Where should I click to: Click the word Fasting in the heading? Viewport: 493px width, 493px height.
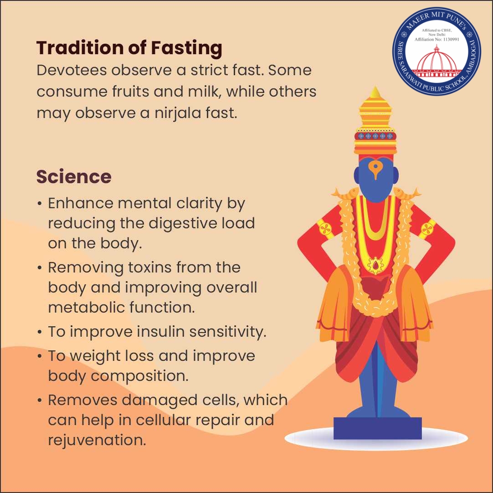point(186,48)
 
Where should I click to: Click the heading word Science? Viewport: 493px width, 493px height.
point(74,177)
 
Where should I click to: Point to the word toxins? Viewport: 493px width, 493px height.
point(149,267)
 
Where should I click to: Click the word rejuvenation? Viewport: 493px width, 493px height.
point(97,441)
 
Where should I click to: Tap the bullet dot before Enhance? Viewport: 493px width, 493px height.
point(39,204)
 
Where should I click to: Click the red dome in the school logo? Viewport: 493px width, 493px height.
point(437,62)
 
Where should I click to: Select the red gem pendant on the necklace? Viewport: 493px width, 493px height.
point(375,266)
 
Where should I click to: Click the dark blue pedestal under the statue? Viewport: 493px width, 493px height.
point(377,428)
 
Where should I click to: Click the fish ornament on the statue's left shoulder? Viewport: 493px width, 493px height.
point(407,193)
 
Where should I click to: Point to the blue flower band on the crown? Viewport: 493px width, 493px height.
point(375,136)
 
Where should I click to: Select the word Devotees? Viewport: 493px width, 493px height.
point(71,70)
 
